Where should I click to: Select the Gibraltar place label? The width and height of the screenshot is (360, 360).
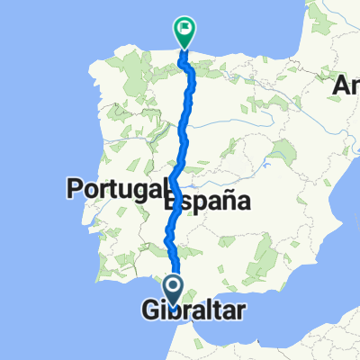point(193,311)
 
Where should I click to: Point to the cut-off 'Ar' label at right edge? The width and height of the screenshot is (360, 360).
point(347,86)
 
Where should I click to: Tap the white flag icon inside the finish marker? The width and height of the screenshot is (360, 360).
point(184,28)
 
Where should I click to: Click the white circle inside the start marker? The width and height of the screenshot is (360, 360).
point(174,286)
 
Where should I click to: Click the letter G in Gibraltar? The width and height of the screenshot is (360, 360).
point(150,311)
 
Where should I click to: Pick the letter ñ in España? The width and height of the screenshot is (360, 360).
point(222,202)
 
